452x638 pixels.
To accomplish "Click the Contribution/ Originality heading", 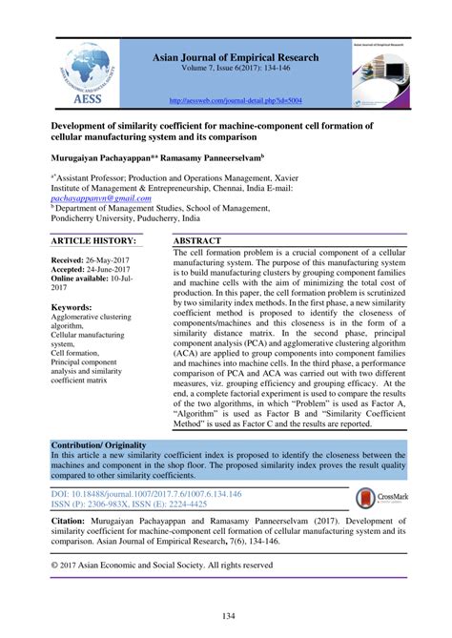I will (x=106, y=445).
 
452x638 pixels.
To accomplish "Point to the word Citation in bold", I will (x=76, y=525).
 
